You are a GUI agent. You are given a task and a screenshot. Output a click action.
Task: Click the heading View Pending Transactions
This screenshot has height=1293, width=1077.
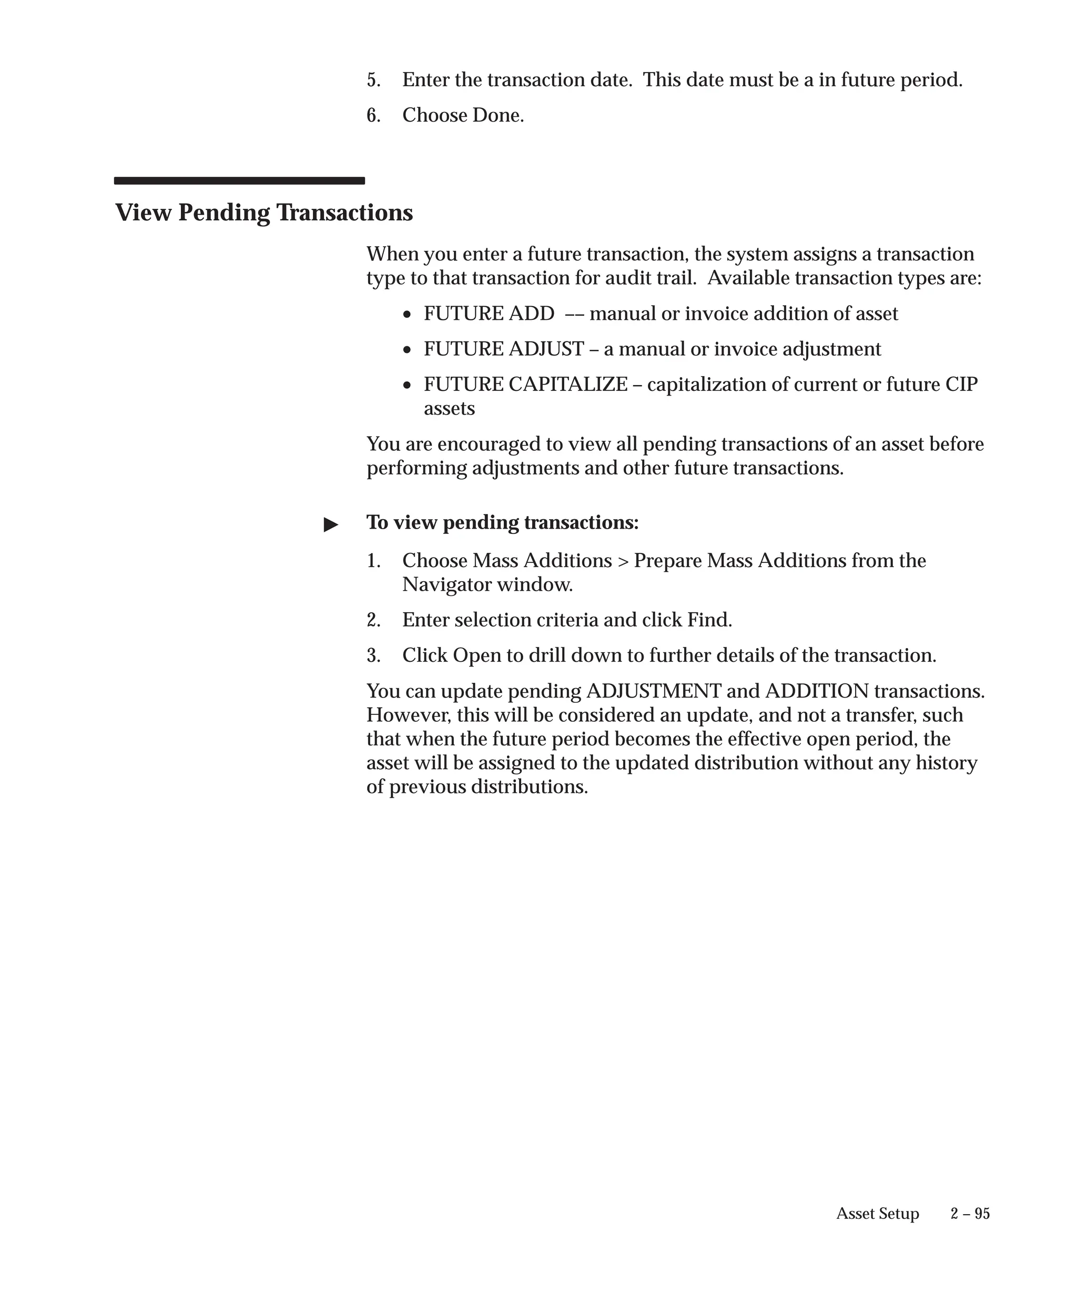263,213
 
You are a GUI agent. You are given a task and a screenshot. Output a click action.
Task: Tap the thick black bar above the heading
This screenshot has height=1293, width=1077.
239,181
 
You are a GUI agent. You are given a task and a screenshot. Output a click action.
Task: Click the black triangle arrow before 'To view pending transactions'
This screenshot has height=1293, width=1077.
331,524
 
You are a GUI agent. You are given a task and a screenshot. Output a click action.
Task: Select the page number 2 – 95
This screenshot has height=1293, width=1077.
969,1214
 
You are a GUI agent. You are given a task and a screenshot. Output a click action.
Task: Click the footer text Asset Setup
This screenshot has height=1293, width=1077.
877,1214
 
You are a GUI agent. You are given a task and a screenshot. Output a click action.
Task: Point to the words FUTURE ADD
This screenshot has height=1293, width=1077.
489,314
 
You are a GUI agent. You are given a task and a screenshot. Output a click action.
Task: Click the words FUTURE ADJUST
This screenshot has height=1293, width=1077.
503,349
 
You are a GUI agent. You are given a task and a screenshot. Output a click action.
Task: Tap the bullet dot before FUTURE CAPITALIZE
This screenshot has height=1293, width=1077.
407,386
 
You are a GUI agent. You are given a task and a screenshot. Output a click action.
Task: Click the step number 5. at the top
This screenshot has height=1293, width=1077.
373,80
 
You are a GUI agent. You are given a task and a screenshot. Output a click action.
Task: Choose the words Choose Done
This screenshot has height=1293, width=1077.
463,115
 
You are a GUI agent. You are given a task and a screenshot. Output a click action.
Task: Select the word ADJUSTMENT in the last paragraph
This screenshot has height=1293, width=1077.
653,691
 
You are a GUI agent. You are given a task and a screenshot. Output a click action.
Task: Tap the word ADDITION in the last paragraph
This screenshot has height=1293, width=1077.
817,691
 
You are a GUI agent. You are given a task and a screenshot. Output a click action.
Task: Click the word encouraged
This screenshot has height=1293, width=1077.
485,444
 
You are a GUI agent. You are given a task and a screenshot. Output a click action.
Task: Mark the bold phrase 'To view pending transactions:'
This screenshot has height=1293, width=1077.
502,522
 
